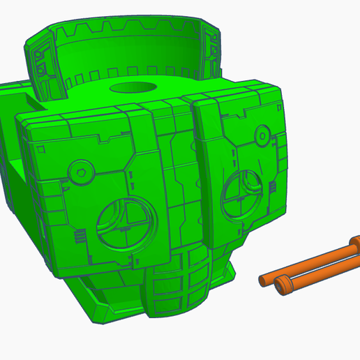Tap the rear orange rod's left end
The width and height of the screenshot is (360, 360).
[264, 279]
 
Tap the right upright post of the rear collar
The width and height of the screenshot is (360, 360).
[211, 49]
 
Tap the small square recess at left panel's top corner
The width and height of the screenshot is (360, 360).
[41, 149]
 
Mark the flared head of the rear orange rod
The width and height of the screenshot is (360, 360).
[352, 244]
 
